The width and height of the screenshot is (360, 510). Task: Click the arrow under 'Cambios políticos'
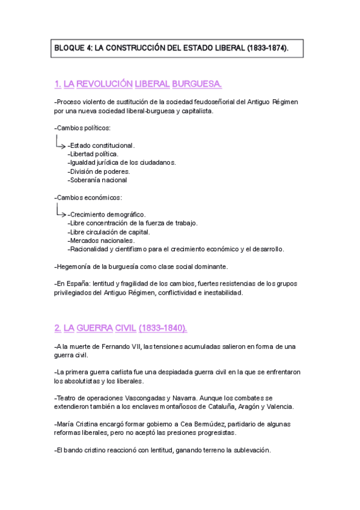click(60, 143)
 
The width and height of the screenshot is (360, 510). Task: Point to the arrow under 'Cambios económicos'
click(60, 212)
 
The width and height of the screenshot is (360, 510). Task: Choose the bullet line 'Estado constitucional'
click(102, 146)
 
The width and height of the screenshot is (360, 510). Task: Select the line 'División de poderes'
click(99, 171)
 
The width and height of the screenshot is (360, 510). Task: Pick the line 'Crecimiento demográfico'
click(107, 215)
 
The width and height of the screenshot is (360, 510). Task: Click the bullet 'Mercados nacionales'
click(101, 241)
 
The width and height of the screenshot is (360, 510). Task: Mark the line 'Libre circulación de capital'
click(109, 232)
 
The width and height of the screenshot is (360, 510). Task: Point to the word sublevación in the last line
click(250, 450)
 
